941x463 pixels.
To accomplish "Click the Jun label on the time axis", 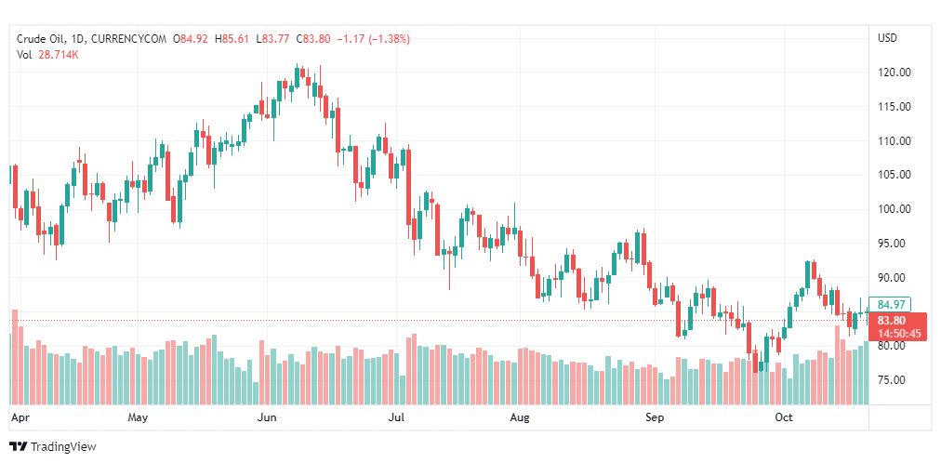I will [x=267, y=417].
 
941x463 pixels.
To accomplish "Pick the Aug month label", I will [x=520, y=417].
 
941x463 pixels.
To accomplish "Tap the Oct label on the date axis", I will [x=784, y=417].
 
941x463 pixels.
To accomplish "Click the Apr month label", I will [x=19, y=417].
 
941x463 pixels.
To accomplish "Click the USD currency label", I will [x=887, y=38].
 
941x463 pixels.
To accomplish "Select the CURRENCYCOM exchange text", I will [x=129, y=39].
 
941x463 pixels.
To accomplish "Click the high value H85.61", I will [x=233, y=39].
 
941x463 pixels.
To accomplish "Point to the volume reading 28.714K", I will [x=59, y=55].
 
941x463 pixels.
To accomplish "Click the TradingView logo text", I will [x=63, y=447].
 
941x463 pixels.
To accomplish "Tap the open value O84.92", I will [x=192, y=39].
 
